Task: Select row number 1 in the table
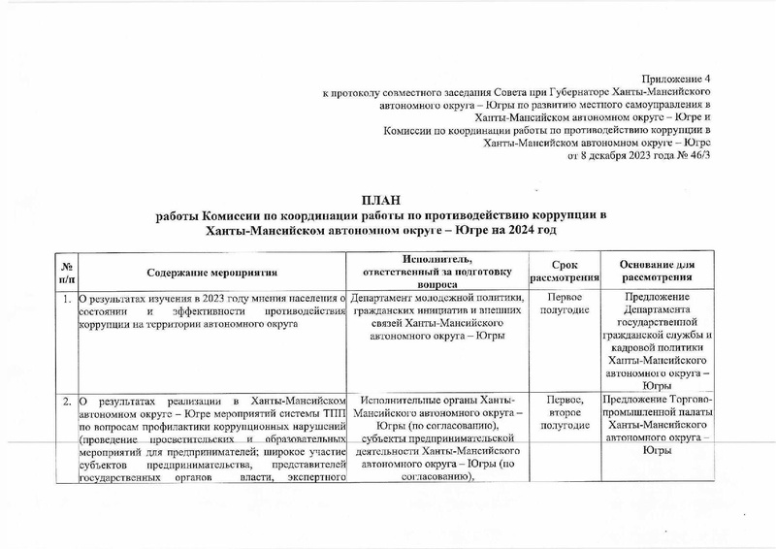pos(66,298)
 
